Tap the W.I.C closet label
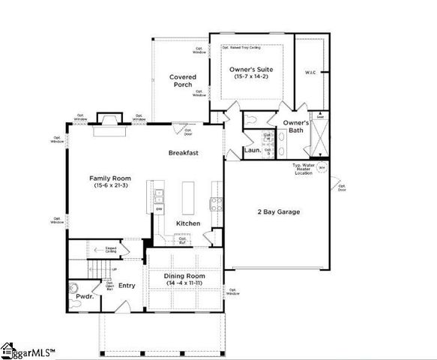[311, 73]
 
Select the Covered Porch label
[183, 81]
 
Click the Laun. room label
[252, 150]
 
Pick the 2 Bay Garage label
[275, 211]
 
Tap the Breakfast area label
[183, 152]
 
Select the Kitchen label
[187, 223]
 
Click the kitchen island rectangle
[188, 197]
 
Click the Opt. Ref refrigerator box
[181, 239]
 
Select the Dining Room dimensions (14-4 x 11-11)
[184, 283]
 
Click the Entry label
[127, 285]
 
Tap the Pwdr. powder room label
[85, 296]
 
